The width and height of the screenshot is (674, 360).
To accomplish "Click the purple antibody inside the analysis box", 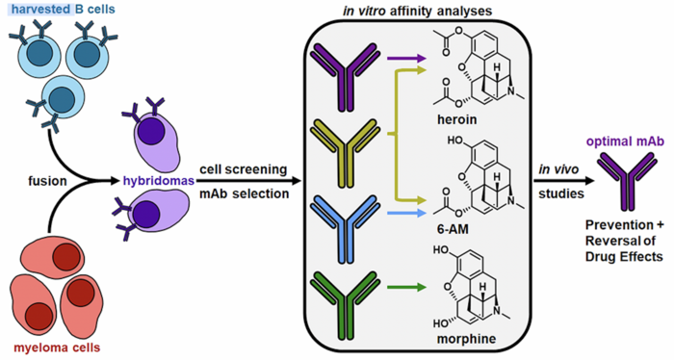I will [x=339, y=76].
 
